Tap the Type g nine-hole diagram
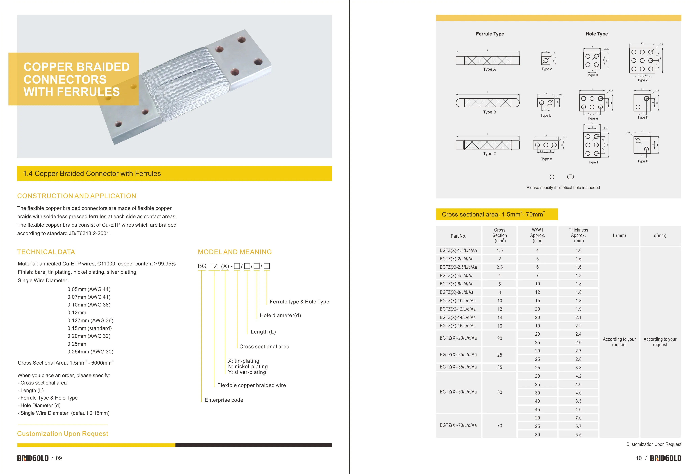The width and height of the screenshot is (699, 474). pos(642,60)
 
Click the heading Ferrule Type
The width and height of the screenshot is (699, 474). pos(490,34)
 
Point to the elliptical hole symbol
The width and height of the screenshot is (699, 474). pos(570,177)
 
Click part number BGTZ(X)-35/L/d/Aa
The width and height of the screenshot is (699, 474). pos(458,367)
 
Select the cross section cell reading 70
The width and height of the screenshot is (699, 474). pos(499,426)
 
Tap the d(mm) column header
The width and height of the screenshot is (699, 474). pos(660,236)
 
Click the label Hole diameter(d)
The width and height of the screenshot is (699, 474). pos(280,315)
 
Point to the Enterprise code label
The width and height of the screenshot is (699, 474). pos(224,400)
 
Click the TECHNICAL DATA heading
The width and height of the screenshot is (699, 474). pos(46,252)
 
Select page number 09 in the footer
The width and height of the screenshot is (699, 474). pos(59,458)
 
